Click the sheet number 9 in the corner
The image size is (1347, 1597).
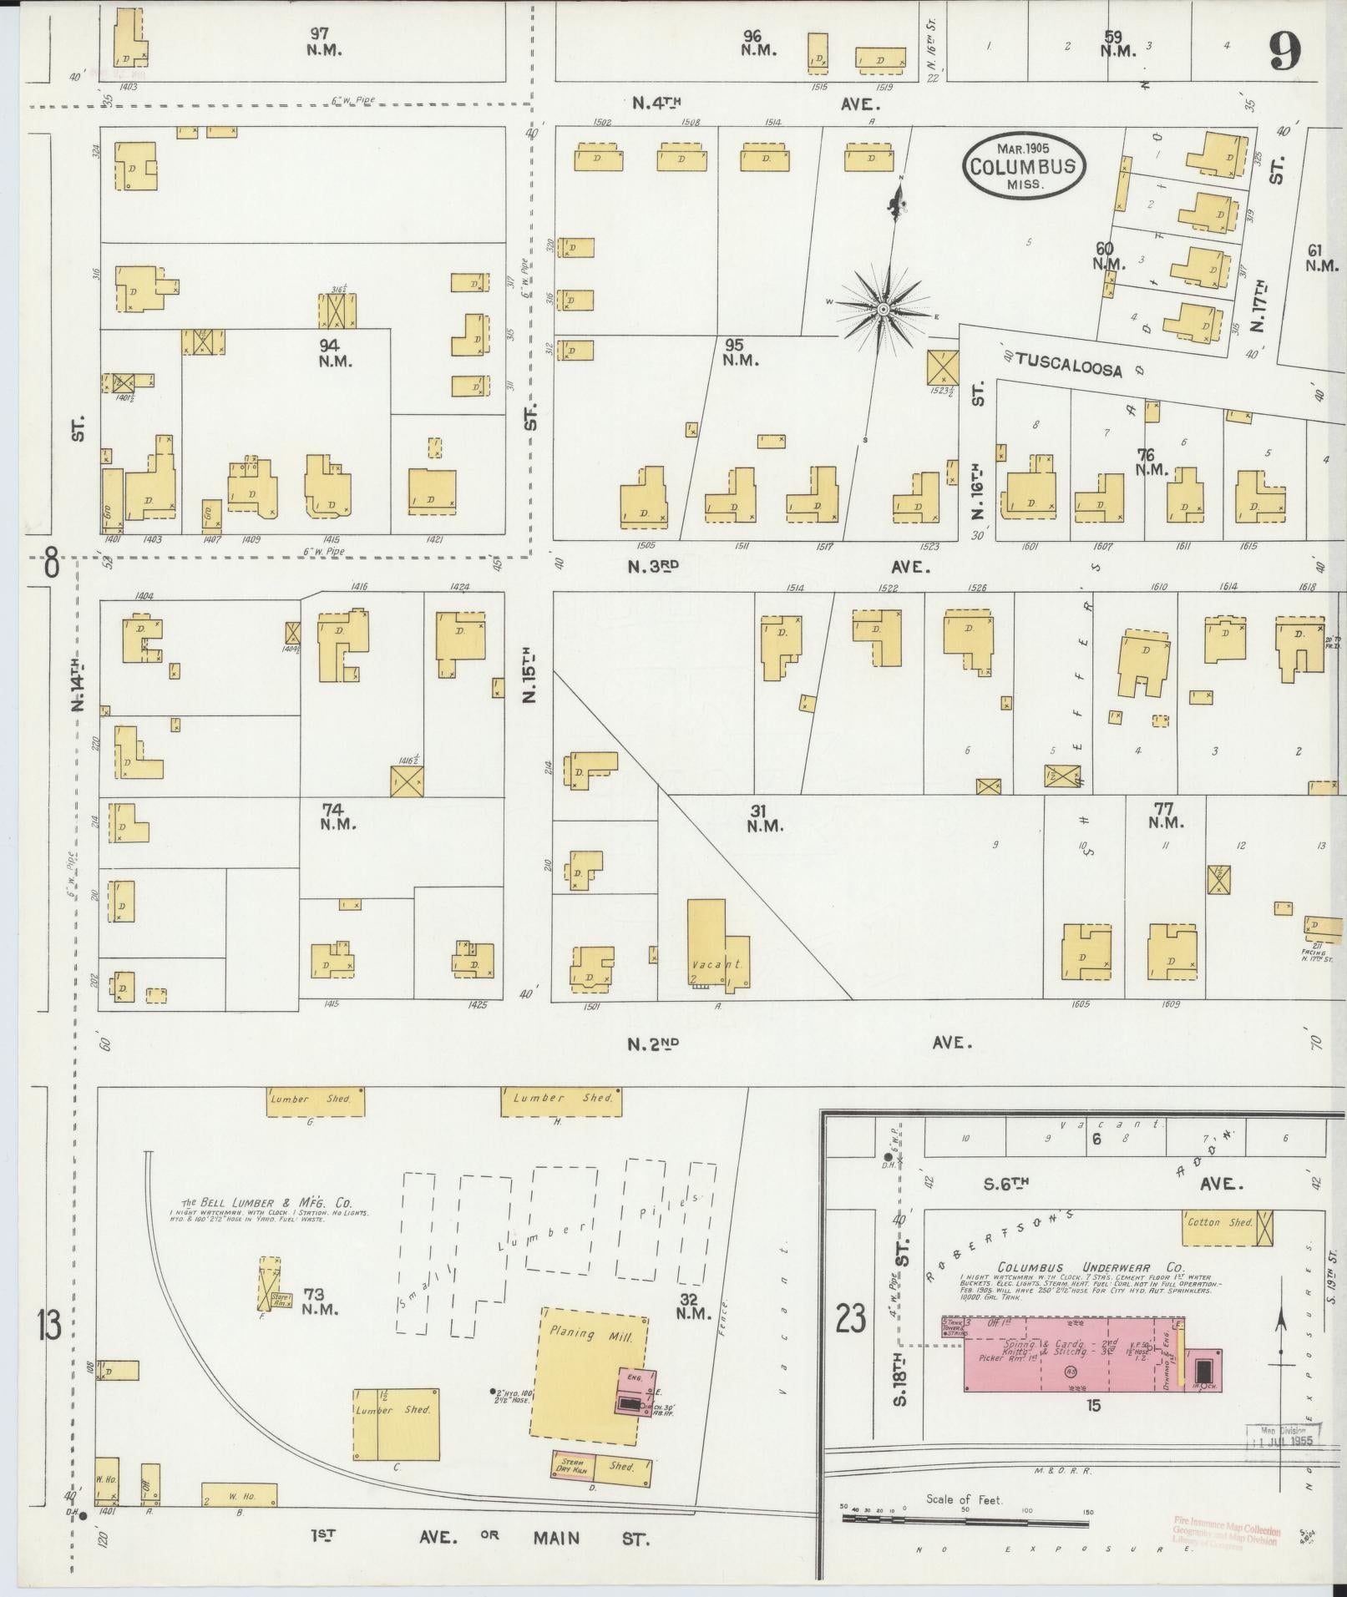[x=1284, y=56]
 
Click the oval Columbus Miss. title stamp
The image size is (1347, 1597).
[x=1025, y=166]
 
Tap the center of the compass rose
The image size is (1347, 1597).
[x=883, y=311]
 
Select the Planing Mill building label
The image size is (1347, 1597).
[x=584, y=1333]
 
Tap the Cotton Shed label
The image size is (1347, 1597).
[x=1219, y=1221]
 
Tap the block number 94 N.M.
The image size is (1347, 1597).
[x=336, y=352]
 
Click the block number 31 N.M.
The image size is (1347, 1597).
[x=764, y=817]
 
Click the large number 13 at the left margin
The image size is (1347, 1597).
[x=50, y=1325]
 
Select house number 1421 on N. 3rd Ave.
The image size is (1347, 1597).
[x=434, y=540]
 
